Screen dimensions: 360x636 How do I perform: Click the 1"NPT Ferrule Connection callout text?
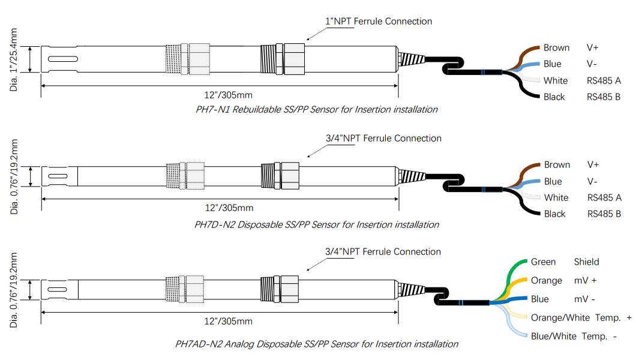click(x=379, y=21)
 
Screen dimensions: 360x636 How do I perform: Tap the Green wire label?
click(x=543, y=262)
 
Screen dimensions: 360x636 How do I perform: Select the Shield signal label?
click(x=586, y=262)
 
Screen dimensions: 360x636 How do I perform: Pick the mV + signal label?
click(x=586, y=280)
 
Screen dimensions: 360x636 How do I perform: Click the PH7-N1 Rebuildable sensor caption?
click(x=317, y=109)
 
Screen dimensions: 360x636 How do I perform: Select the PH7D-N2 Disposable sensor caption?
click(x=317, y=224)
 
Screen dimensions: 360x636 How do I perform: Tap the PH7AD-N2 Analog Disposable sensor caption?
click(x=317, y=344)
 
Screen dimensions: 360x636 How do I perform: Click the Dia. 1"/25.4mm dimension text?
click(x=15, y=60)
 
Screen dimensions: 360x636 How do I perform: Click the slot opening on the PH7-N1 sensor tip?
click(x=62, y=59)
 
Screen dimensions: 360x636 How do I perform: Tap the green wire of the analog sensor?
click(x=512, y=276)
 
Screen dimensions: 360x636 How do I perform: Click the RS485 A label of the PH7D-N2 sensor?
click(x=604, y=197)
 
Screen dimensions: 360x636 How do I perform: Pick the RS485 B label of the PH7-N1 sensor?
click(x=604, y=97)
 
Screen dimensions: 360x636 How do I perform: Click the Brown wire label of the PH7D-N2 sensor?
click(x=557, y=164)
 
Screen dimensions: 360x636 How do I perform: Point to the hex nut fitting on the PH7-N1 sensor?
click(x=294, y=59)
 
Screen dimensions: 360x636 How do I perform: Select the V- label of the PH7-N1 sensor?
click(x=592, y=64)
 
